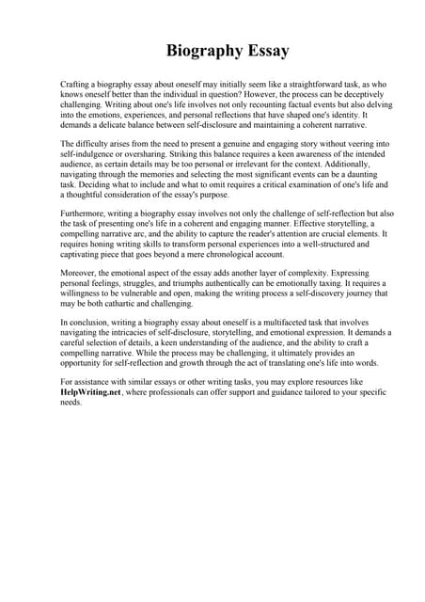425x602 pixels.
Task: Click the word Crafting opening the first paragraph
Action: (x=77, y=84)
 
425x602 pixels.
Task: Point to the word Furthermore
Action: (x=84, y=214)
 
